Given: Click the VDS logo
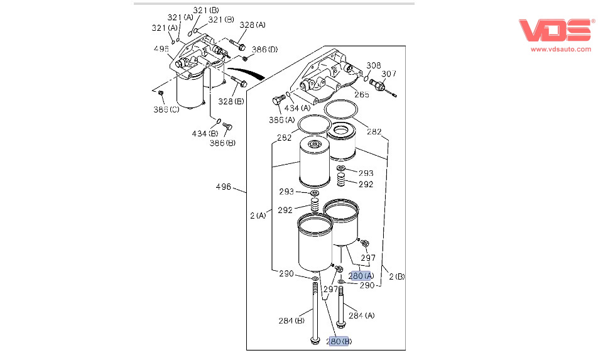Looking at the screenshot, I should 555,31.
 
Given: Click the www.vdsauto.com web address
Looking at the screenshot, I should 561,48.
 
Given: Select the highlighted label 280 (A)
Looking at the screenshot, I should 361,275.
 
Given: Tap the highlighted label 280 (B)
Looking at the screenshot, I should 339,341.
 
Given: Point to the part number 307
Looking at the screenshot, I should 389,74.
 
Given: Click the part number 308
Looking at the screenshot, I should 374,65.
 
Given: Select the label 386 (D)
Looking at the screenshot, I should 265,49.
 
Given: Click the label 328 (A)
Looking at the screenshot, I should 253,25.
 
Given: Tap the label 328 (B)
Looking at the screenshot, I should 231,101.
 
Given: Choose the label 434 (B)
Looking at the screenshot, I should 205,133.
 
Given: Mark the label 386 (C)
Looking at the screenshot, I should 166,109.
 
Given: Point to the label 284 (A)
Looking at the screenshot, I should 361,315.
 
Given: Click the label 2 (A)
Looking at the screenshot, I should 258,215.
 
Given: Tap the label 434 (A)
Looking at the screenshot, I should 296,107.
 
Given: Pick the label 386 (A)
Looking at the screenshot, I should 281,119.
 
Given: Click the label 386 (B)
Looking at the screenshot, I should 222,143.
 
